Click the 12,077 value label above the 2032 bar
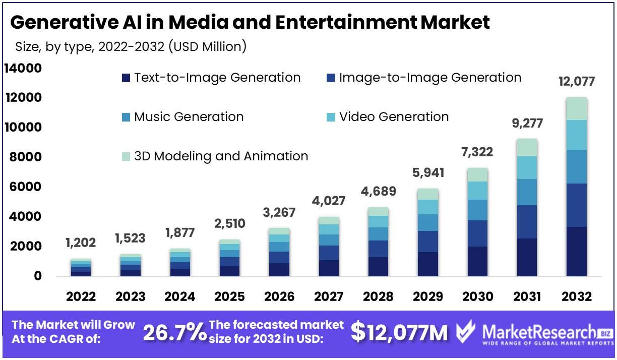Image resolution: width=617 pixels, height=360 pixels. (x=577, y=81)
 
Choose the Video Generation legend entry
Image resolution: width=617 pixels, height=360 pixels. (x=388, y=117)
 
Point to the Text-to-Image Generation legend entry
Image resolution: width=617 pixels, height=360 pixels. (x=211, y=78)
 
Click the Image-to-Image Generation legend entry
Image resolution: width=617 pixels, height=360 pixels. (x=424, y=78)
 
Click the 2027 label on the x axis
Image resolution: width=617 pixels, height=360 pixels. (x=329, y=296)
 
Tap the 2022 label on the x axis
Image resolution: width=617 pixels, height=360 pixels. (x=81, y=296)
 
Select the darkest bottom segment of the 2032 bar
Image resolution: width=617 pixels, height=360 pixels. (x=577, y=252)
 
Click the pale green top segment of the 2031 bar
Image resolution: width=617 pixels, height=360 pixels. (x=527, y=147)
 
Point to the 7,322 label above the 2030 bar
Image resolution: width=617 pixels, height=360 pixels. (x=477, y=152)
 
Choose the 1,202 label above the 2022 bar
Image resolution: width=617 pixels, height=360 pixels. (x=81, y=243)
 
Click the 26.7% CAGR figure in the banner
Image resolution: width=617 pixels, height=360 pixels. (x=175, y=332)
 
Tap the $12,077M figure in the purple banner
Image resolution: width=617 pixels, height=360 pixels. (x=399, y=332)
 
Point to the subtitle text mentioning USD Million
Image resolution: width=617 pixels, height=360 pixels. (x=131, y=47)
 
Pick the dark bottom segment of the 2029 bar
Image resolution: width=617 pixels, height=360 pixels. (x=428, y=264)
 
